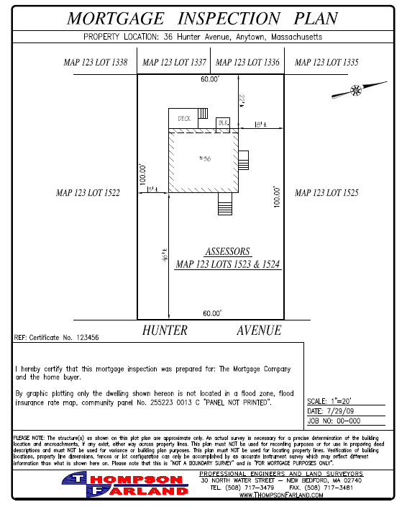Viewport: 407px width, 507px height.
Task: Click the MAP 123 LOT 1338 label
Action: (96, 63)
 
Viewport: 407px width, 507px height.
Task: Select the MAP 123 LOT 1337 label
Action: (175, 63)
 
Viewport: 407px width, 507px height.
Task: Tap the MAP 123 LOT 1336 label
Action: (247, 63)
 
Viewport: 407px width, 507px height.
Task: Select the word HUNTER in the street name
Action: (165, 331)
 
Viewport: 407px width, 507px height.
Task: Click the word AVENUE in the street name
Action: (259, 331)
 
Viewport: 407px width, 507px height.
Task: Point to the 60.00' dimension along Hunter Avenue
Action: (211, 313)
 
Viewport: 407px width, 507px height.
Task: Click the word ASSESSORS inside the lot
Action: (228, 251)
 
